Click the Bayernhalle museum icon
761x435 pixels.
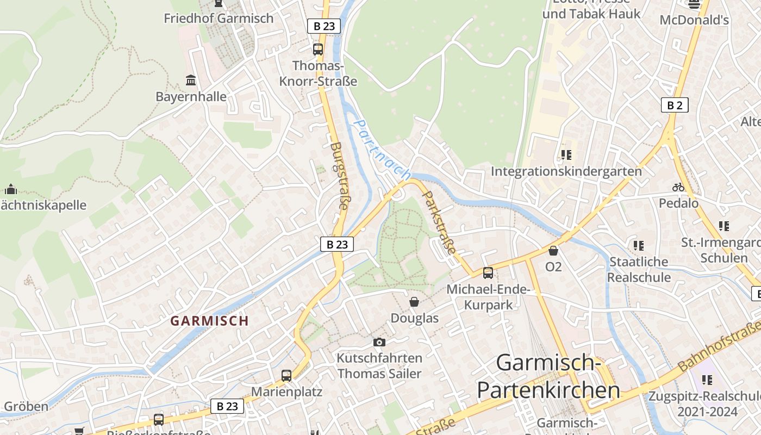tap(191, 80)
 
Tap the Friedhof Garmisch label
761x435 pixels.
tap(219, 18)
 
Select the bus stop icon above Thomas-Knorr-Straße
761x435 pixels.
tap(318, 49)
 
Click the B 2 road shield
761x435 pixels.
tap(675, 105)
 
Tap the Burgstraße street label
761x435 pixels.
tap(339, 176)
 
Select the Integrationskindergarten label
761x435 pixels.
tap(566, 171)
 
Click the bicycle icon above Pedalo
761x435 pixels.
tap(678, 187)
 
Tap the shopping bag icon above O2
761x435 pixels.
tap(553, 251)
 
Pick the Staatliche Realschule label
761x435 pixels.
tap(639, 269)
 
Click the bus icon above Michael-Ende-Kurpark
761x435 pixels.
tap(488, 273)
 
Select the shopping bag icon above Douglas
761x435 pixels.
tap(414, 302)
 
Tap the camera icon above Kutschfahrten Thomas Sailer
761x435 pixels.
tap(379, 342)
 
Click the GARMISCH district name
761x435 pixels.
tap(209, 321)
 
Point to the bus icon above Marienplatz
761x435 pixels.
tap(286, 375)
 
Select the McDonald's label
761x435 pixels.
tap(694, 20)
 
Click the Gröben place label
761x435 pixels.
tap(26, 406)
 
